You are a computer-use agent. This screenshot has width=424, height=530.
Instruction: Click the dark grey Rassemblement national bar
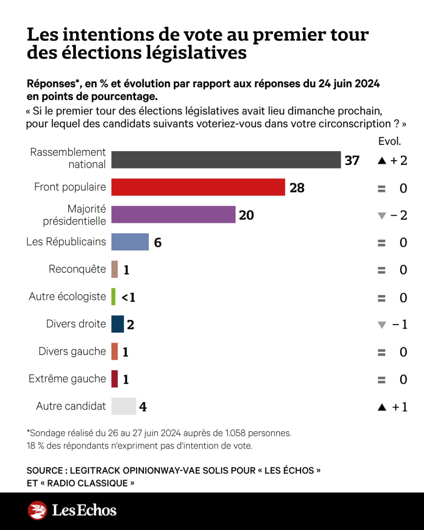[226, 160]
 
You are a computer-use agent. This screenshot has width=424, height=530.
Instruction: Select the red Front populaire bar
[198, 187]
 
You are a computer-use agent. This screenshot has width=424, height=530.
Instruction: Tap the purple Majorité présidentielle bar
[173, 214]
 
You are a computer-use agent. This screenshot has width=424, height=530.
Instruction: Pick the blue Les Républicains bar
[130, 242]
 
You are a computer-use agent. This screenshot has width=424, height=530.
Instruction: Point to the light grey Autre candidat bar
[124, 406]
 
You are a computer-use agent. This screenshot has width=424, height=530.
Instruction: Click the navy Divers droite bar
[118, 324]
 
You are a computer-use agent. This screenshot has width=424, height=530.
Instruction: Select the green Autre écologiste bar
[113, 297]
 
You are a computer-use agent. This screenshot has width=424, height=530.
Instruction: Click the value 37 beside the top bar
[352, 160]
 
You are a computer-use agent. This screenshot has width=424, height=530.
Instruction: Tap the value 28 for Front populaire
[297, 188]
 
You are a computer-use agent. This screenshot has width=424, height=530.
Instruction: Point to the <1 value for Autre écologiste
[128, 297]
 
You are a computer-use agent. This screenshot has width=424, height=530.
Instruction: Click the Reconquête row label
[77, 269]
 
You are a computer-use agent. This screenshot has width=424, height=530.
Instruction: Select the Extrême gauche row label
[67, 378]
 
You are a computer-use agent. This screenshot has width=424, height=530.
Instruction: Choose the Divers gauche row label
[72, 351]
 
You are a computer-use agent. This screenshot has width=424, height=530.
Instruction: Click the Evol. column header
[390, 141]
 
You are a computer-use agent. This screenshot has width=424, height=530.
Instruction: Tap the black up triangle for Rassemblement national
[382, 161]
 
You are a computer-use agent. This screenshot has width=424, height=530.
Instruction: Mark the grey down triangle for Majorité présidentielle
[382, 216]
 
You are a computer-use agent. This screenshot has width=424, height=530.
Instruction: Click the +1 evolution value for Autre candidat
[400, 407]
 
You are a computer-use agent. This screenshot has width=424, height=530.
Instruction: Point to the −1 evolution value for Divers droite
[400, 325]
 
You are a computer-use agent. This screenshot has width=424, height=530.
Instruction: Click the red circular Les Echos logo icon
[38, 510]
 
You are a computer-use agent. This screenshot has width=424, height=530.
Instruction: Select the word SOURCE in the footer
[45, 470]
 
